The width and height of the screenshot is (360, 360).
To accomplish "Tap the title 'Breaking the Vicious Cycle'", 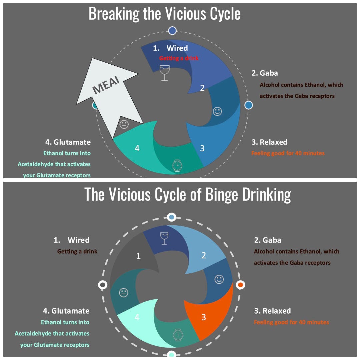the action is click(x=165, y=14).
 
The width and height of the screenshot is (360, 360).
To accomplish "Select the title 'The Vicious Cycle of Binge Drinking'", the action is click(x=188, y=194).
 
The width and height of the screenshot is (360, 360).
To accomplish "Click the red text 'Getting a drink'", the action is click(x=179, y=58).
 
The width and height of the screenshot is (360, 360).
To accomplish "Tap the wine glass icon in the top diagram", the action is click(x=164, y=72).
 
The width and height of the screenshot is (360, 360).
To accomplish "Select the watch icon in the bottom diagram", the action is click(x=178, y=334).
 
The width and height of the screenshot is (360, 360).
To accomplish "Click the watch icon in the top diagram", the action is click(x=177, y=165).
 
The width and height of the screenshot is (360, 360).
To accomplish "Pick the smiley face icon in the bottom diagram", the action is click(x=219, y=279).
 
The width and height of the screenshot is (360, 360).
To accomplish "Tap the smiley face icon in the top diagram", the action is click(x=217, y=111).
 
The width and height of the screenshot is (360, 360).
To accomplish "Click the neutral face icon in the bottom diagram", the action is click(x=124, y=293).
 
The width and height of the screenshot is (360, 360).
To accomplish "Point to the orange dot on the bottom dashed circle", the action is click(x=240, y=285).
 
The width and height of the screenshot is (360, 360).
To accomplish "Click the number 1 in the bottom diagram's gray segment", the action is click(x=139, y=256).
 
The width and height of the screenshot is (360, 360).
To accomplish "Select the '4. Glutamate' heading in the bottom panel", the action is click(x=66, y=311).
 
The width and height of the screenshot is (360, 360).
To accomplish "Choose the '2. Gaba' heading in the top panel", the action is click(x=265, y=73).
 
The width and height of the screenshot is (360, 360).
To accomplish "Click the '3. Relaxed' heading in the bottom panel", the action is click(x=272, y=311).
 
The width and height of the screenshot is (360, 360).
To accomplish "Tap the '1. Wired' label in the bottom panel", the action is click(x=72, y=240).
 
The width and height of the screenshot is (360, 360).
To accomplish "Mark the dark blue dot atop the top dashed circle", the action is click(x=172, y=31).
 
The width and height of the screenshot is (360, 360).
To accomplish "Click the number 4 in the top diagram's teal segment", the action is click(x=137, y=148).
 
